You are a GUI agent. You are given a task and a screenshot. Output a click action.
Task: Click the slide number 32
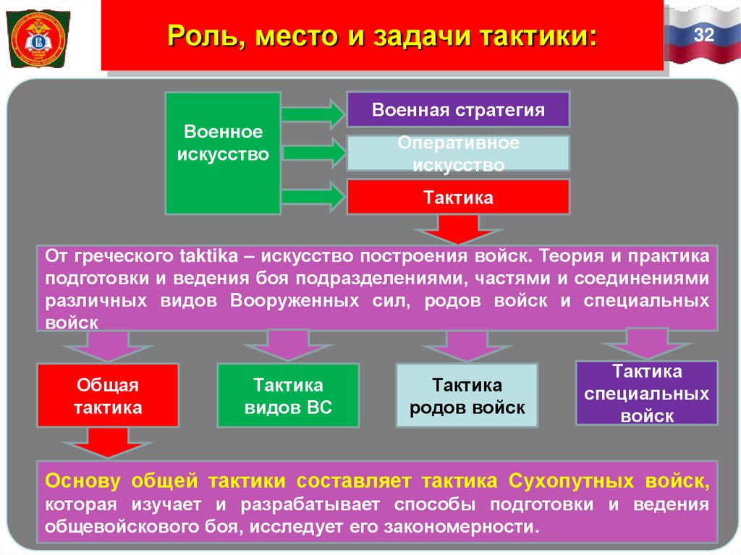[703, 33]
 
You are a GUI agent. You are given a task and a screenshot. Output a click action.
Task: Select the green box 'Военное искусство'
[222, 153]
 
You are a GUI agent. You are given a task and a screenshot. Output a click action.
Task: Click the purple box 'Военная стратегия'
[458, 110]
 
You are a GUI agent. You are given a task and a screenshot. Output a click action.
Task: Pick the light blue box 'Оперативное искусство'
[458, 153]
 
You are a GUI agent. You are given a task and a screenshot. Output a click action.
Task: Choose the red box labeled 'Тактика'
[458, 197]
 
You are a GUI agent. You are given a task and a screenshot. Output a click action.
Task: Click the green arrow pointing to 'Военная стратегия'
[313, 114]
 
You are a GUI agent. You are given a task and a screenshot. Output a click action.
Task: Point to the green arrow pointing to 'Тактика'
[313, 197]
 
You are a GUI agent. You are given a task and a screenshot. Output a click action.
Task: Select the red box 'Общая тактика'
[108, 396]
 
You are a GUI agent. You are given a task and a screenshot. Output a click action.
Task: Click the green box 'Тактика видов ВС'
[288, 396]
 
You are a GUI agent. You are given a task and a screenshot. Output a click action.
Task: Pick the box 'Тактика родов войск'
[467, 396]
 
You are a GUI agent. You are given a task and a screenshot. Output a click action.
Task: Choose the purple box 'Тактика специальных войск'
[646, 393]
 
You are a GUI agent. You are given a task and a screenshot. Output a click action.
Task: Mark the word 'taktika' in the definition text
[208, 256]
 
